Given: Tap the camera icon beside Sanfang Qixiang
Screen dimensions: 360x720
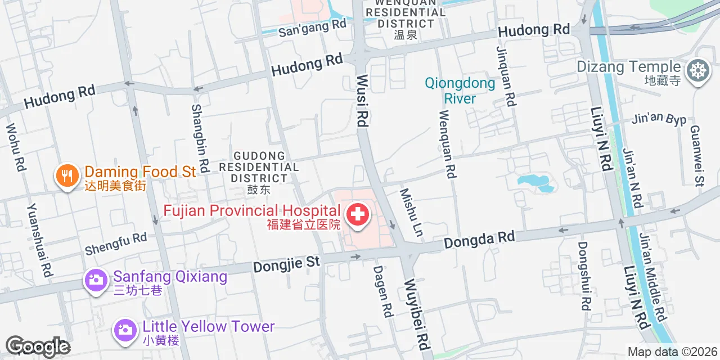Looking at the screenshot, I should (x=96, y=280).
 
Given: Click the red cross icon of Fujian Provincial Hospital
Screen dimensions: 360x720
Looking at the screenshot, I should (x=357, y=214).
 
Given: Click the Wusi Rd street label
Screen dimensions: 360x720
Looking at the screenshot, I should (x=362, y=101).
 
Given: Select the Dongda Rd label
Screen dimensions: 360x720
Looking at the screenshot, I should (x=479, y=239).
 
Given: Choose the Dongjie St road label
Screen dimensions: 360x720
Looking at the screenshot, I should (x=286, y=263).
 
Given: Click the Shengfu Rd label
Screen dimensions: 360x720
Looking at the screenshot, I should (x=115, y=243).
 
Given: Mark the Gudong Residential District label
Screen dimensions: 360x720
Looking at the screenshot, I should (x=259, y=167).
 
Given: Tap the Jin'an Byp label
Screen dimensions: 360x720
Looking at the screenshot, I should (x=659, y=119).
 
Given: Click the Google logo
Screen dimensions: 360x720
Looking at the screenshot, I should (x=38, y=346).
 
